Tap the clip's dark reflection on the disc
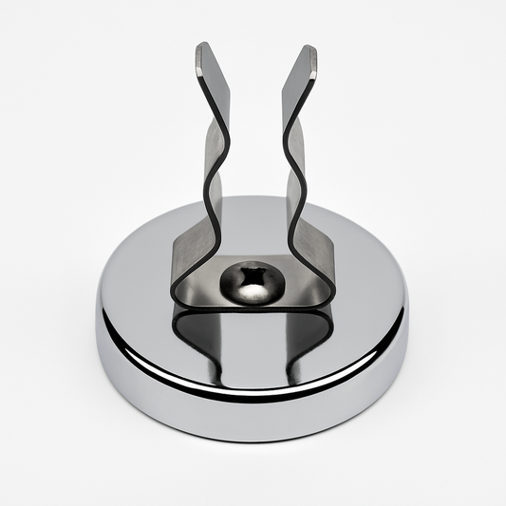coord(253,337)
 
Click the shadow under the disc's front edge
coord(253,446)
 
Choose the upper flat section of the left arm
coord(215,81)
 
